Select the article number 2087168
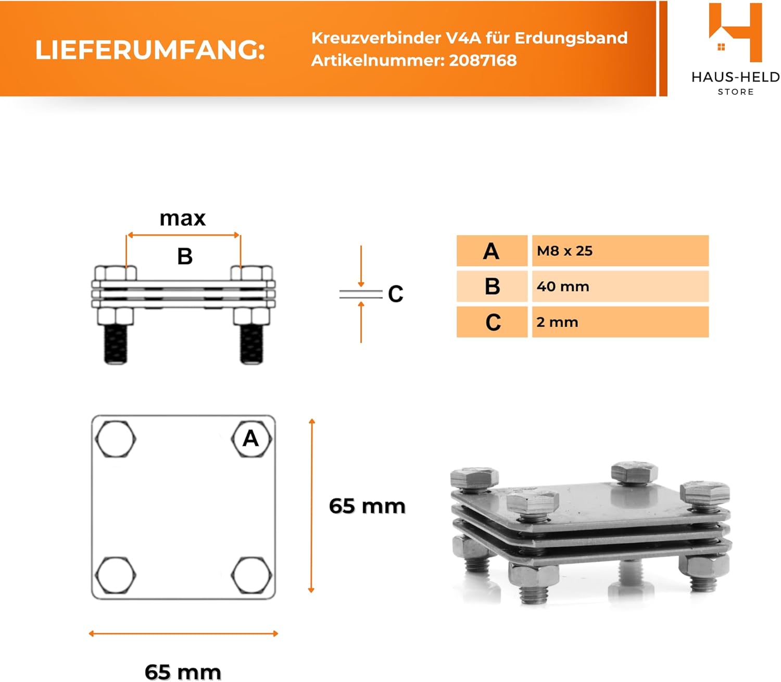(483, 60)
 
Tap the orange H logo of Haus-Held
(735, 32)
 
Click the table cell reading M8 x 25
(620, 251)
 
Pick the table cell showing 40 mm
(620, 286)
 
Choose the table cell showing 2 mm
(620, 322)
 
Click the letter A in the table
(491, 251)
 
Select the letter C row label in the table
(493, 322)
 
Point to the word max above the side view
(182, 219)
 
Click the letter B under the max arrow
(185, 256)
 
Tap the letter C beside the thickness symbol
(396, 294)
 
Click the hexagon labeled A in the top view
(251, 438)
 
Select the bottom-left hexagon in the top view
(115, 575)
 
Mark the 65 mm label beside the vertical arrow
(367, 507)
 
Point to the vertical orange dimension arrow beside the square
(311, 506)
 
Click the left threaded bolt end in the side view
(116, 344)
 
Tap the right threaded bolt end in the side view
(251, 344)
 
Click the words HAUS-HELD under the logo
(736, 78)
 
